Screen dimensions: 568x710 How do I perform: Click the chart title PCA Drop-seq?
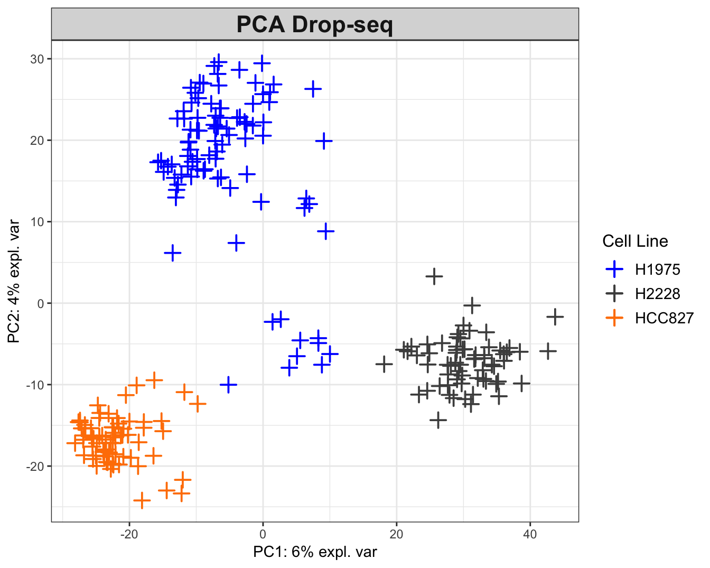(315, 25)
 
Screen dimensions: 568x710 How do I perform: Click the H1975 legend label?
(657, 269)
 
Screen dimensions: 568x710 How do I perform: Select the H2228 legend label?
(657, 294)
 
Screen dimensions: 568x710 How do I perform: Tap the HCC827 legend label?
(664, 318)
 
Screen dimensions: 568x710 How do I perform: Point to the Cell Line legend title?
(635, 241)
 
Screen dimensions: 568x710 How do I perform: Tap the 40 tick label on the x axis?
(530, 534)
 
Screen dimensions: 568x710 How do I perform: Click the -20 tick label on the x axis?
(129, 534)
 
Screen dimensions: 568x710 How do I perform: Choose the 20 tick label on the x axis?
(396, 534)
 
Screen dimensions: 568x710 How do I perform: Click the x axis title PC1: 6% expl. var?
(315, 552)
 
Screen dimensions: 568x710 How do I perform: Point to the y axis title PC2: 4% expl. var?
(14, 281)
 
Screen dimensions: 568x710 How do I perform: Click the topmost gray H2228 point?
(434, 276)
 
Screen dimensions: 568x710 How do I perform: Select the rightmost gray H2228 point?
(555, 317)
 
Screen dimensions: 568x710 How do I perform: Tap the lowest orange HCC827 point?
(142, 500)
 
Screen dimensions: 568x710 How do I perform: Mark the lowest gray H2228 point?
(438, 420)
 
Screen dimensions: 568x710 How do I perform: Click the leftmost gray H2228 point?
(384, 364)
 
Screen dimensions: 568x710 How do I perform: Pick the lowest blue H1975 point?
(228, 385)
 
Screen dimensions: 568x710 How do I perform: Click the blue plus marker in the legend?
(614, 269)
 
